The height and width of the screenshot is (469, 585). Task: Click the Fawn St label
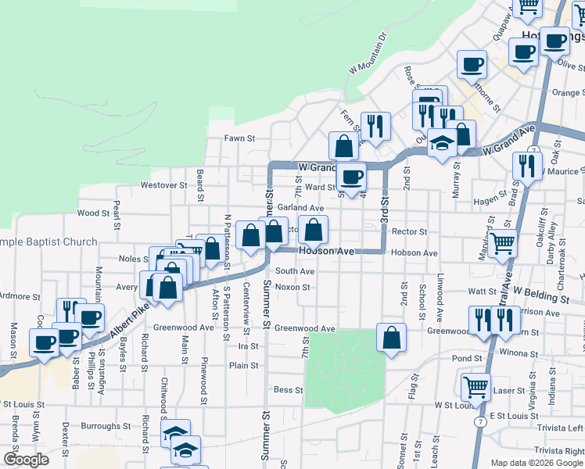click(x=240, y=138)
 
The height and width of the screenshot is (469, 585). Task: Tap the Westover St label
click(x=163, y=186)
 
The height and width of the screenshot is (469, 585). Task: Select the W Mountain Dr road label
click(x=367, y=53)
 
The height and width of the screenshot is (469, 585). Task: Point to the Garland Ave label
click(x=301, y=208)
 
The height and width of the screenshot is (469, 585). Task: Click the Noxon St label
click(x=293, y=287)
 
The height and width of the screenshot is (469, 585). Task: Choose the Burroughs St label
click(x=105, y=427)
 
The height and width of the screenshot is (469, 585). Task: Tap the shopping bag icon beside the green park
click(x=391, y=337)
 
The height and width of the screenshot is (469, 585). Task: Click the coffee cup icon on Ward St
click(x=352, y=176)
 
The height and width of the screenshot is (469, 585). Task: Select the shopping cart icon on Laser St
click(x=476, y=385)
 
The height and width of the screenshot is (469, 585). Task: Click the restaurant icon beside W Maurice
click(x=527, y=165)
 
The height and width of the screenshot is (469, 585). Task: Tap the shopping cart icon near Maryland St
click(x=501, y=245)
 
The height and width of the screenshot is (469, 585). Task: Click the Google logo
click(x=26, y=460)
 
